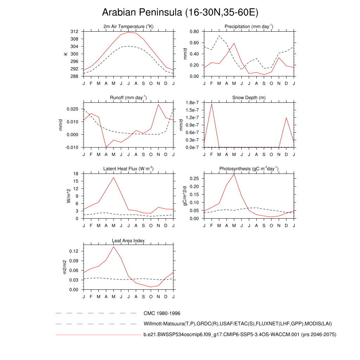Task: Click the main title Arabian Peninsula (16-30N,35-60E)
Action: click(x=180, y=13)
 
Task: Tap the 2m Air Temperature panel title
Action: click(x=128, y=27)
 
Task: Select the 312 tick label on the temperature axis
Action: click(x=74, y=32)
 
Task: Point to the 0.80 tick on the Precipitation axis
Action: click(x=194, y=32)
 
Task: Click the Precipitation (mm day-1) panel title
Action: click(x=249, y=27)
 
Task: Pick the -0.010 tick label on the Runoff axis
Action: click(x=72, y=147)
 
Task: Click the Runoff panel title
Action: click(x=128, y=98)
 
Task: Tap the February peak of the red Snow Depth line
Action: click(x=212, y=104)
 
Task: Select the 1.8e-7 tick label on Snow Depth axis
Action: click(x=193, y=103)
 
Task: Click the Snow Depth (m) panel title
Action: click(x=249, y=98)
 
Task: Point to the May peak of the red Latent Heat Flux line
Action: click(x=114, y=177)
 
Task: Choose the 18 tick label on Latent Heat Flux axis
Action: click(x=76, y=174)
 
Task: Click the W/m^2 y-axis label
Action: click(x=69, y=196)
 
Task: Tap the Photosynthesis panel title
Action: click(x=249, y=169)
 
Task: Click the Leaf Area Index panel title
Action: click(x=128, y=240)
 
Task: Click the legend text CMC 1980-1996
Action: click(x=162, y=313)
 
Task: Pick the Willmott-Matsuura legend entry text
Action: click(x=238, y=324)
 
